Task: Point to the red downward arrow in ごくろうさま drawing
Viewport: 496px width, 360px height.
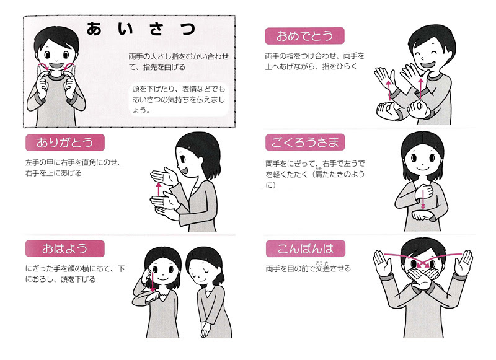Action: [423, 200]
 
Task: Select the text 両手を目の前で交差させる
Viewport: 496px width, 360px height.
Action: [308, 268]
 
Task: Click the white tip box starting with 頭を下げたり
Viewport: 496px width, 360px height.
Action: [180, 99]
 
